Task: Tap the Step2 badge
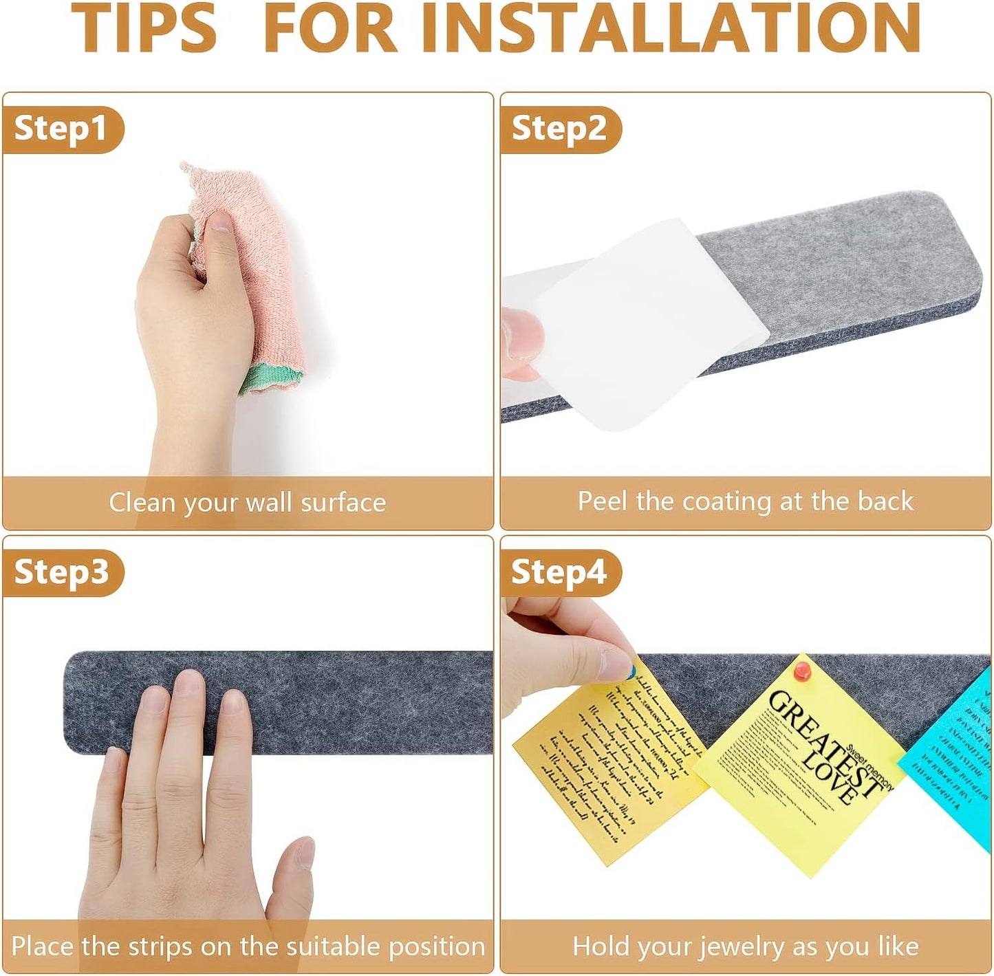click(559, 129)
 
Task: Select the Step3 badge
click(61, 572)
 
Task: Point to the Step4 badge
click(559, 572)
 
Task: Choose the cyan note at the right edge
click(956, 757)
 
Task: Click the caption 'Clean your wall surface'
click(247, 502)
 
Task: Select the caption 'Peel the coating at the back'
click(745, 501)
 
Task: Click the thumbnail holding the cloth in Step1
click(219, 222)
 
